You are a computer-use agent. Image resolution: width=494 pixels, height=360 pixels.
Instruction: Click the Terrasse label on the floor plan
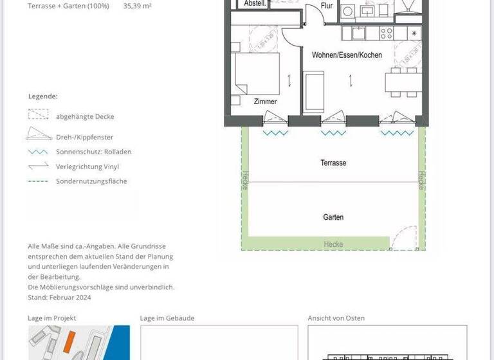pos(333,163)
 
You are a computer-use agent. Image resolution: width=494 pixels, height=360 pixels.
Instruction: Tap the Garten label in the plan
pos(333,217)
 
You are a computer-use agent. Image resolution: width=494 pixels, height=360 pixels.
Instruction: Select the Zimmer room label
pos(265,102)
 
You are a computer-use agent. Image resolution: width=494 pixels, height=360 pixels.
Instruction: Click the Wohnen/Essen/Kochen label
pos(347,55)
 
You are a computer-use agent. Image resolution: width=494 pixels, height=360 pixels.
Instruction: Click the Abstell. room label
pos(255,4)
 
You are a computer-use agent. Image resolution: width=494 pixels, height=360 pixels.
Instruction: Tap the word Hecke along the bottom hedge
pos(333,245)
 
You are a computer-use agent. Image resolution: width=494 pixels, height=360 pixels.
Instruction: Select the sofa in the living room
pos(314,91)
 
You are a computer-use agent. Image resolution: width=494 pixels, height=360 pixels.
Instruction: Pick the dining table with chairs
pos(403,82)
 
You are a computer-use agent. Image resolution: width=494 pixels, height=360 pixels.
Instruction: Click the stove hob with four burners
pos(387,33)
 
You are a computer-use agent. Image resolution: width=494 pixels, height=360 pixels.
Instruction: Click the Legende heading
pos(43,96)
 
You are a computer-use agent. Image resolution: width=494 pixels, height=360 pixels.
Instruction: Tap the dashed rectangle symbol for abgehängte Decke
pos(38,115)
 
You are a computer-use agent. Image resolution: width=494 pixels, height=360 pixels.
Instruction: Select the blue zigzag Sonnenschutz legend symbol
pos(38,152)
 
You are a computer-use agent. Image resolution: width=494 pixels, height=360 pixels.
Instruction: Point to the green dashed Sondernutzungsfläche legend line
pos(38,181)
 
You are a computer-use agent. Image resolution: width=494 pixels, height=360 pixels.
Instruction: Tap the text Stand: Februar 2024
pos(60,297)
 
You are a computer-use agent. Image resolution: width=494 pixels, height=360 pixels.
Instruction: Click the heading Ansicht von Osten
pos(337,318)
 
